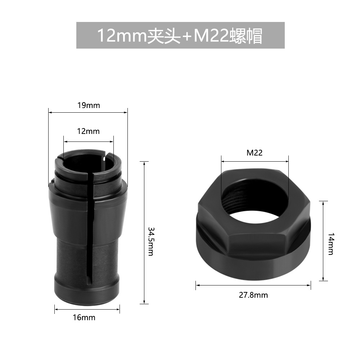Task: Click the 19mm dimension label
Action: (x=89, y=105)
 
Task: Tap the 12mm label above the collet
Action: (x=89, y=131)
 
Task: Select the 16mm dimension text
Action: (x=84, y=318)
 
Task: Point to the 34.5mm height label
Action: (x=151, y=241)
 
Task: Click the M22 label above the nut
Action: (x=255, y=153)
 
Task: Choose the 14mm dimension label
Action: (x=331, y=244)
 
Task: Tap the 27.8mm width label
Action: (x=253, y=295)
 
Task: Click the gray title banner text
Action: (x=180, y=36)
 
